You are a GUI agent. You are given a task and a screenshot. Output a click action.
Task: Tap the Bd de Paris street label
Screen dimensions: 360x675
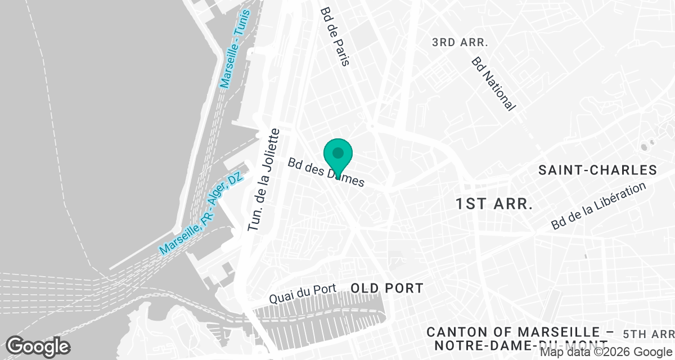335,37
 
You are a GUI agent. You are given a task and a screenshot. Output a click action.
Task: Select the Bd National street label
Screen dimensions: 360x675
493,83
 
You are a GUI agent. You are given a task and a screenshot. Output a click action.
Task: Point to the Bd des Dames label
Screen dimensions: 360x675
326,172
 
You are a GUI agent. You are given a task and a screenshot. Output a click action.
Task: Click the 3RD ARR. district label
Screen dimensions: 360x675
460,43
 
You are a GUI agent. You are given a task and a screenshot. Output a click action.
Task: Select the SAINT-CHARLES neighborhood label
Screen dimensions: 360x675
597,170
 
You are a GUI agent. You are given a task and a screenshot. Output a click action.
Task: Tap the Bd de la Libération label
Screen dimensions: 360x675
598,206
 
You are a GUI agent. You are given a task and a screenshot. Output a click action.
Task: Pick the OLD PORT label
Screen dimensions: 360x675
387,289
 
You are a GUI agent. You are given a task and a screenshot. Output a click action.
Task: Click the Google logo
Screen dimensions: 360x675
38,346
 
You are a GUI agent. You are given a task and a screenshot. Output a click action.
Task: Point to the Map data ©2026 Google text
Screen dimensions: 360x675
606,353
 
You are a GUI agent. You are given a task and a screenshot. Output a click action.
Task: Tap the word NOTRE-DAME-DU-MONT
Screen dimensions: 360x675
517,344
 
